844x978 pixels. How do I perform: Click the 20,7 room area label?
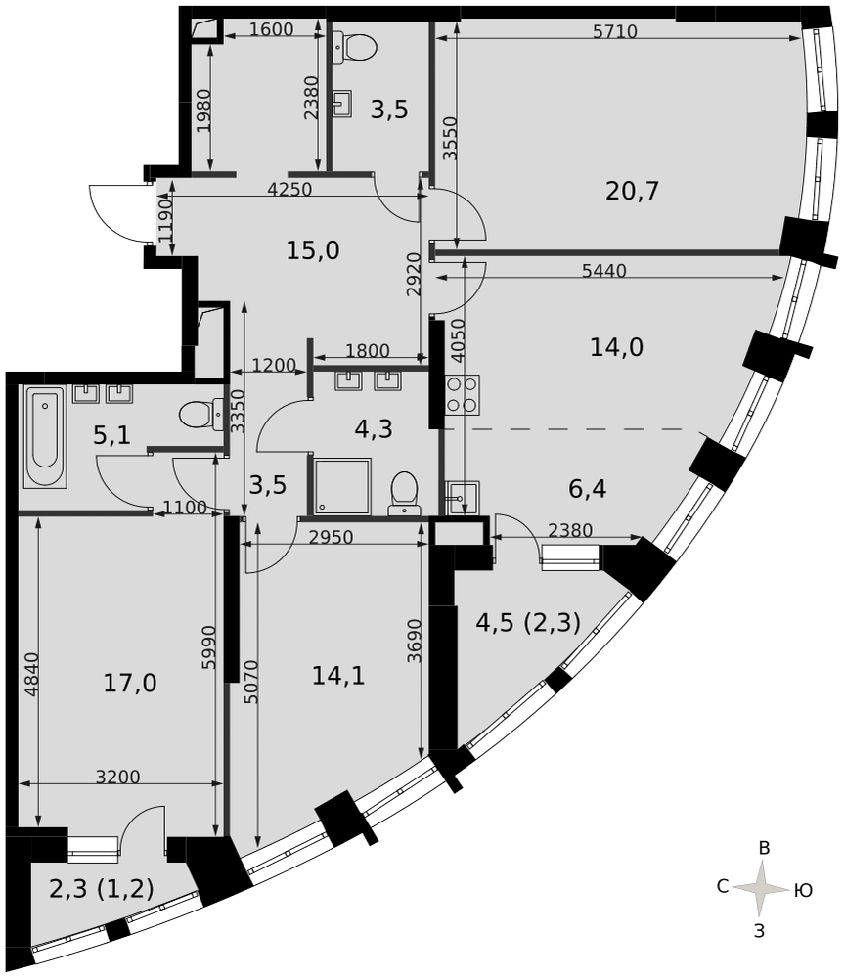pos(632,191)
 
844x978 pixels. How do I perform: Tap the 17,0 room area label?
pos(130,683)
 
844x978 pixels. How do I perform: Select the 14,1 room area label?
pos(338,675)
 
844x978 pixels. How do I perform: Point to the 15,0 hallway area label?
pos(313,250)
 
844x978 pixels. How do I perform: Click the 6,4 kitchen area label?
pos(587,489)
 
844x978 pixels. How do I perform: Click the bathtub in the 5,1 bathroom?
pos(44,436)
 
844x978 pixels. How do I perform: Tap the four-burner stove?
pos(463,395)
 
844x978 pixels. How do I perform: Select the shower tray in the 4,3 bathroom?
pos(342,486)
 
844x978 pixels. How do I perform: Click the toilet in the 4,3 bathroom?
pos(404,494)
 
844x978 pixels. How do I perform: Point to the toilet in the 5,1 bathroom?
pos(200,414)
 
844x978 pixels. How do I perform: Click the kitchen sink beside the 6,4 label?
pos(463,498)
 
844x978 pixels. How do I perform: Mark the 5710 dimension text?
pos(615,31)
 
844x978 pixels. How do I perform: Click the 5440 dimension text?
pos(603,271)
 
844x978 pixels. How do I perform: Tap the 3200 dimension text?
pos(118,777)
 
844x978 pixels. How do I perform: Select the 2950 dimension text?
pos(331,536)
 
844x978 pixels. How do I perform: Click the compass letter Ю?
pos(804,891)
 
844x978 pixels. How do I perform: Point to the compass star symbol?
pos(761,888)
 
